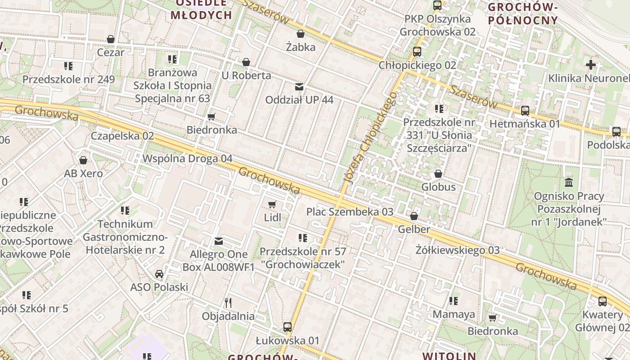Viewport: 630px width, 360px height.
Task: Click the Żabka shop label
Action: pos(301,47)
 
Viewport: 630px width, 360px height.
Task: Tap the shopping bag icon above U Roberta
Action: pos(246,62)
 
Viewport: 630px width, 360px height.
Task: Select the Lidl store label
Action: pos(272,218)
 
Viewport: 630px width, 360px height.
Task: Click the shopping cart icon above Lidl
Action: pos(272,205)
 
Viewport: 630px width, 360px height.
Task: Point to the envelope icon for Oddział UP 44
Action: pos(299,86)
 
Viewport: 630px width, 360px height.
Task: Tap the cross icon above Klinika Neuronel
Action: pos(590,65)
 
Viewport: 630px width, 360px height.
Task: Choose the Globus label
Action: pos(438,187)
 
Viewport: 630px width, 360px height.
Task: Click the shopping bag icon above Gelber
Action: pos(414,216)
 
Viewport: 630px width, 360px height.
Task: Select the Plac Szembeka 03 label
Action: pos(350,212)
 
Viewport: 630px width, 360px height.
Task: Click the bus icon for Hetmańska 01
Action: pos(525,110)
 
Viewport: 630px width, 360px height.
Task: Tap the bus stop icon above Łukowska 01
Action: pos(288,327)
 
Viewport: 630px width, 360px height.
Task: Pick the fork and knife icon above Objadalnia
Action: pos(228,302)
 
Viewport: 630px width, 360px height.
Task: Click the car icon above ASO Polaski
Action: pos(159,274)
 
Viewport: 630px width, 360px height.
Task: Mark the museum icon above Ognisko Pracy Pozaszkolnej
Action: pos(569,182)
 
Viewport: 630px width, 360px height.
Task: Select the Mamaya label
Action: pos(454,314)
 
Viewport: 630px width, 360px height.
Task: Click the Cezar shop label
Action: pos(111,52)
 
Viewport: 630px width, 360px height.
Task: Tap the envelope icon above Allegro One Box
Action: pos(219,241)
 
